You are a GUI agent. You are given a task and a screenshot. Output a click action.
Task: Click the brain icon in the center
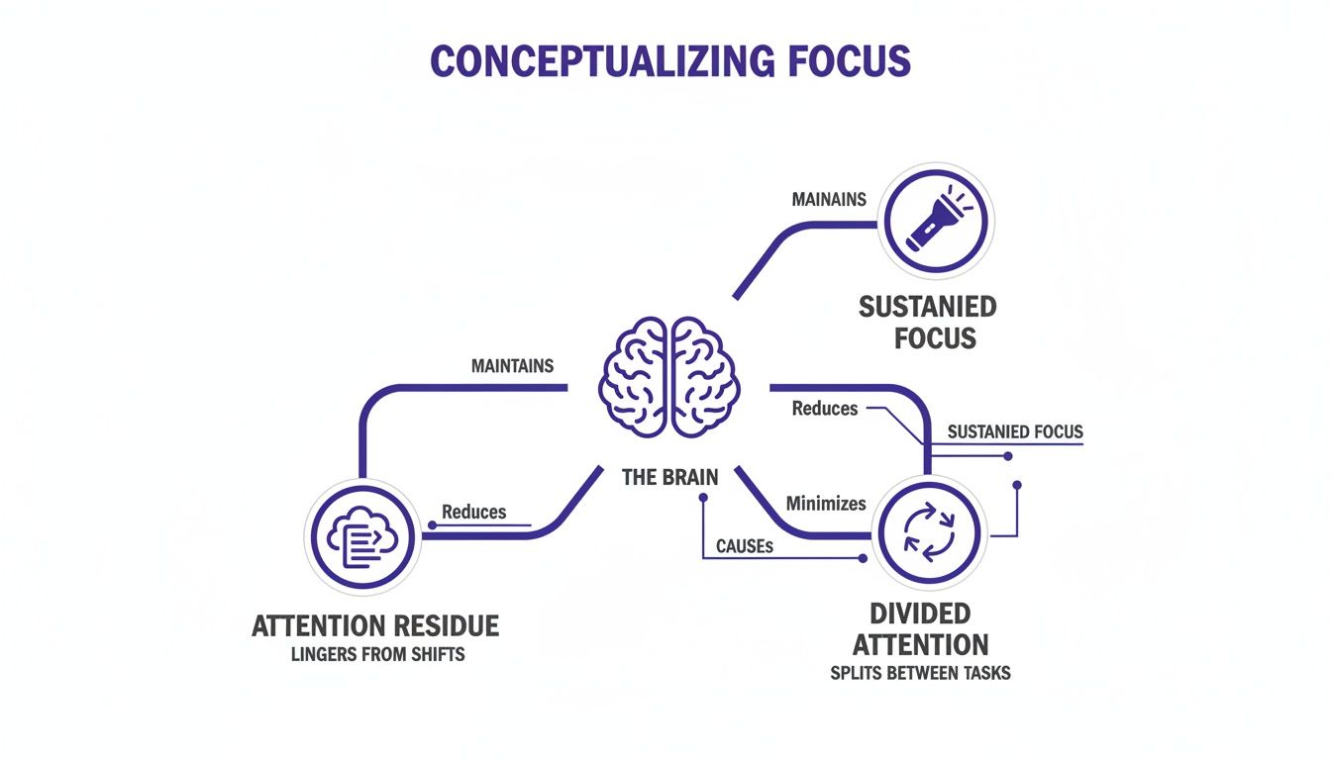[x=669, y=377]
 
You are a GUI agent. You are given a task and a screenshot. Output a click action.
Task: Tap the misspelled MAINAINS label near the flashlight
[x=829, y=199]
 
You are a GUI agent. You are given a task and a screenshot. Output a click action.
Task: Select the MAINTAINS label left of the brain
[x=512, y=366]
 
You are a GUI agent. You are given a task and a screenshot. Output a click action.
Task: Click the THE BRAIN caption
[x=669, y=477]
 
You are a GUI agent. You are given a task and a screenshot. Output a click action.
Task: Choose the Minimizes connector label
[x=825, y=504]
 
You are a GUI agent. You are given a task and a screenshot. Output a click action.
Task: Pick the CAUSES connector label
[x=744, y=545]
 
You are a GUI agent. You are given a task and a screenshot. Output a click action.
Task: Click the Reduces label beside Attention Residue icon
[x=473, y=512]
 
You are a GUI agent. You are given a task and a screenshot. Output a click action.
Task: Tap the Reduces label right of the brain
[x=824, y=408]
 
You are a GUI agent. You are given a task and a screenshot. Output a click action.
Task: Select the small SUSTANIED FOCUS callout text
[x=1015, y=431]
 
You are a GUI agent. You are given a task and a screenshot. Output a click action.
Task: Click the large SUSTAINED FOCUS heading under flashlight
[x=928, y=323]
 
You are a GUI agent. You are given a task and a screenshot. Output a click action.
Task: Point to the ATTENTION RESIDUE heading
[x=375, y=626]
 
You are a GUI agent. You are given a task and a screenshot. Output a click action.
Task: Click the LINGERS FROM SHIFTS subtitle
[x=377, y=655]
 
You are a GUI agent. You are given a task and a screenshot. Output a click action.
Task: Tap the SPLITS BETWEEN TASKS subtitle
[x=920, y=673]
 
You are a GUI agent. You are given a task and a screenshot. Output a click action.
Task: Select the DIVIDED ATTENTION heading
[x=920, y=629]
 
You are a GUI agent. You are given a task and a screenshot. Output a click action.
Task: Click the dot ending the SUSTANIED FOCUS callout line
[x=1007, y=456]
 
